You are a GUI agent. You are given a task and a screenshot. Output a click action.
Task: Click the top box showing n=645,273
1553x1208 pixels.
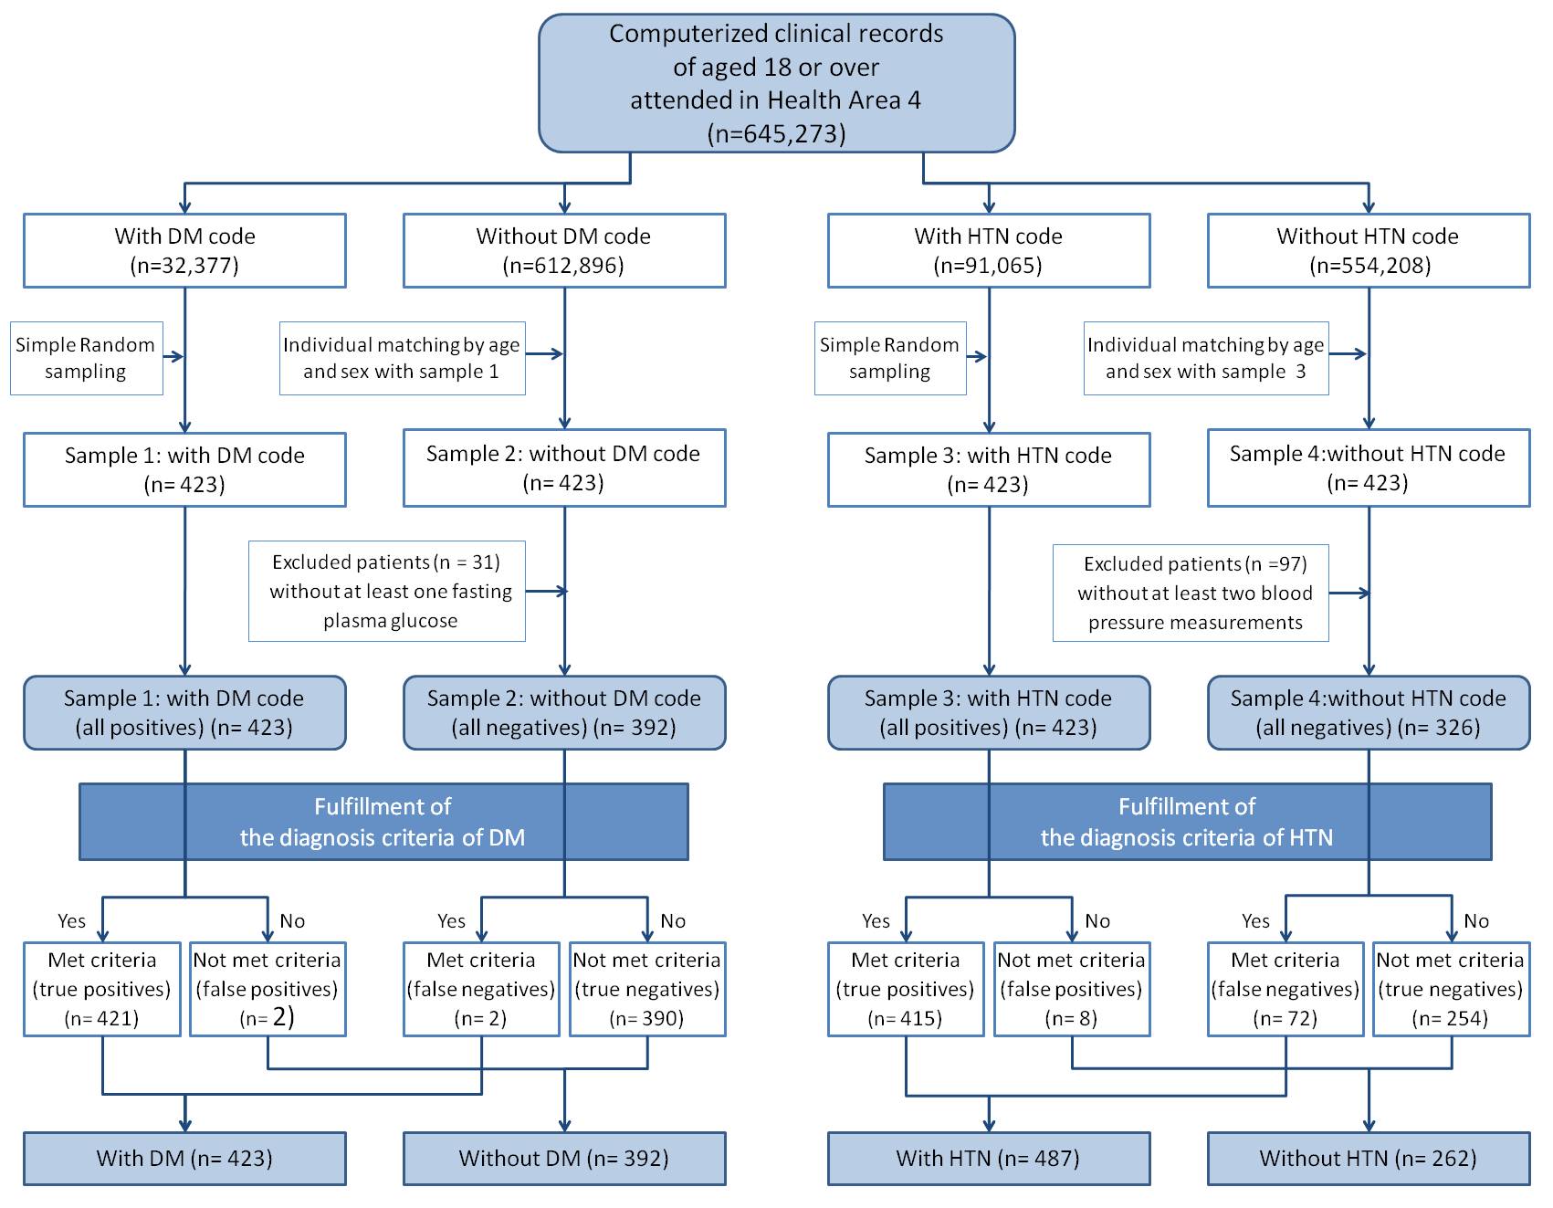point(776,83)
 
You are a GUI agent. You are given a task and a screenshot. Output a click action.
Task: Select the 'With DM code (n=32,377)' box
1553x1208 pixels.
point(184,251)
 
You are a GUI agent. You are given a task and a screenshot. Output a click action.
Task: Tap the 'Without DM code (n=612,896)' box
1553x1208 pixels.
point(564,251)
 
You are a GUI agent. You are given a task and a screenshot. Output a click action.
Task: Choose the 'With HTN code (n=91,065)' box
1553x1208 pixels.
point(989,251)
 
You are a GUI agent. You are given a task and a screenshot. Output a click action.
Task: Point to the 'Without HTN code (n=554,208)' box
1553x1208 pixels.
point(1369,251)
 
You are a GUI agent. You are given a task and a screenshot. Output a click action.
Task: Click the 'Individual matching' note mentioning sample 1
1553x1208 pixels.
point(403,358)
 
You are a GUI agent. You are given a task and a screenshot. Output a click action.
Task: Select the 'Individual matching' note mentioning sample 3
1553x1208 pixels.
point(1206,358)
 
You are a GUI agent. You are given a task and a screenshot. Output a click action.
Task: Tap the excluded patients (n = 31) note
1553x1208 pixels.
point(387,591)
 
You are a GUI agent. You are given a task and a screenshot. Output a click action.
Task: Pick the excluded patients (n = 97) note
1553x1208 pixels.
point(1191,593)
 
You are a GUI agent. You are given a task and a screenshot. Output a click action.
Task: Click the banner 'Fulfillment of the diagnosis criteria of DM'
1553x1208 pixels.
point(383,822)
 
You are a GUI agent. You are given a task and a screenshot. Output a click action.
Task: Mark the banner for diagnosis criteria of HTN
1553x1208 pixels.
point(1188,822)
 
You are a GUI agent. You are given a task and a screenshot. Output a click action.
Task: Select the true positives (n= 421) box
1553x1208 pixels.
point(102,990)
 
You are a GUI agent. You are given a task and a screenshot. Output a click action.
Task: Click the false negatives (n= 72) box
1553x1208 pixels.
point(1285,990)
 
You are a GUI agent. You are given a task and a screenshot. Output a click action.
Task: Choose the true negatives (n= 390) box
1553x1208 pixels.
point(647,990)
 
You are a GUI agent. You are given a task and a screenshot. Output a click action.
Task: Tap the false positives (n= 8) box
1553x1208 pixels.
point(1072,990)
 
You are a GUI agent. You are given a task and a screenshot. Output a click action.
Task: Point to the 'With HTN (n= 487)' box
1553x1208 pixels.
point(989,1159)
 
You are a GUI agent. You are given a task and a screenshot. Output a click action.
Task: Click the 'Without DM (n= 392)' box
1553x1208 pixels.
point(564,1159)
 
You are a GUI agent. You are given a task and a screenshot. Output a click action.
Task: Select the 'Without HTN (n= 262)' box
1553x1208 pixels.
point(1369,1159)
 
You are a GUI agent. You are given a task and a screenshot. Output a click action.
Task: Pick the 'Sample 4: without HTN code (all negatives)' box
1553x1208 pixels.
point(1369,713)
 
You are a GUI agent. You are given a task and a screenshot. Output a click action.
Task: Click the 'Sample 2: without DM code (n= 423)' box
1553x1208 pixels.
point(564,467)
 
